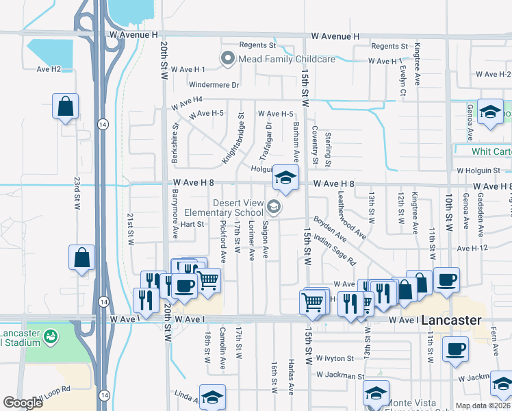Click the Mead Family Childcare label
coord(286,59)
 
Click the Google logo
coord(23,403)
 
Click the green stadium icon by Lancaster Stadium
coord(49,337)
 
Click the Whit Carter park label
coord(491,151)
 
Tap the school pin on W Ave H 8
coord(285,179)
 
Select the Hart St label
coord(192,224)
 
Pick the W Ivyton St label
coord(335,358)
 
